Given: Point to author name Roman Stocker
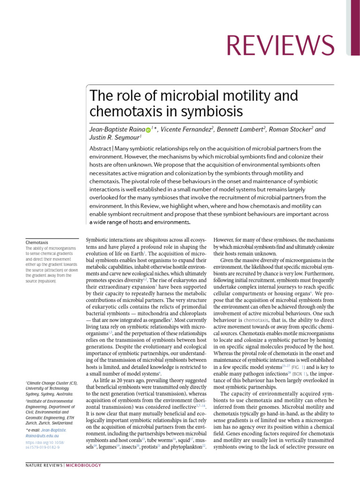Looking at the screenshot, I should pos(290,129).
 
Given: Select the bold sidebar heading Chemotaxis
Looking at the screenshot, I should pos(37,242).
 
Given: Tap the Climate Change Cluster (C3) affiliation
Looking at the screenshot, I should pos(51,383).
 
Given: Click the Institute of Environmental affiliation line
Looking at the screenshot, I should pos(51,402).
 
